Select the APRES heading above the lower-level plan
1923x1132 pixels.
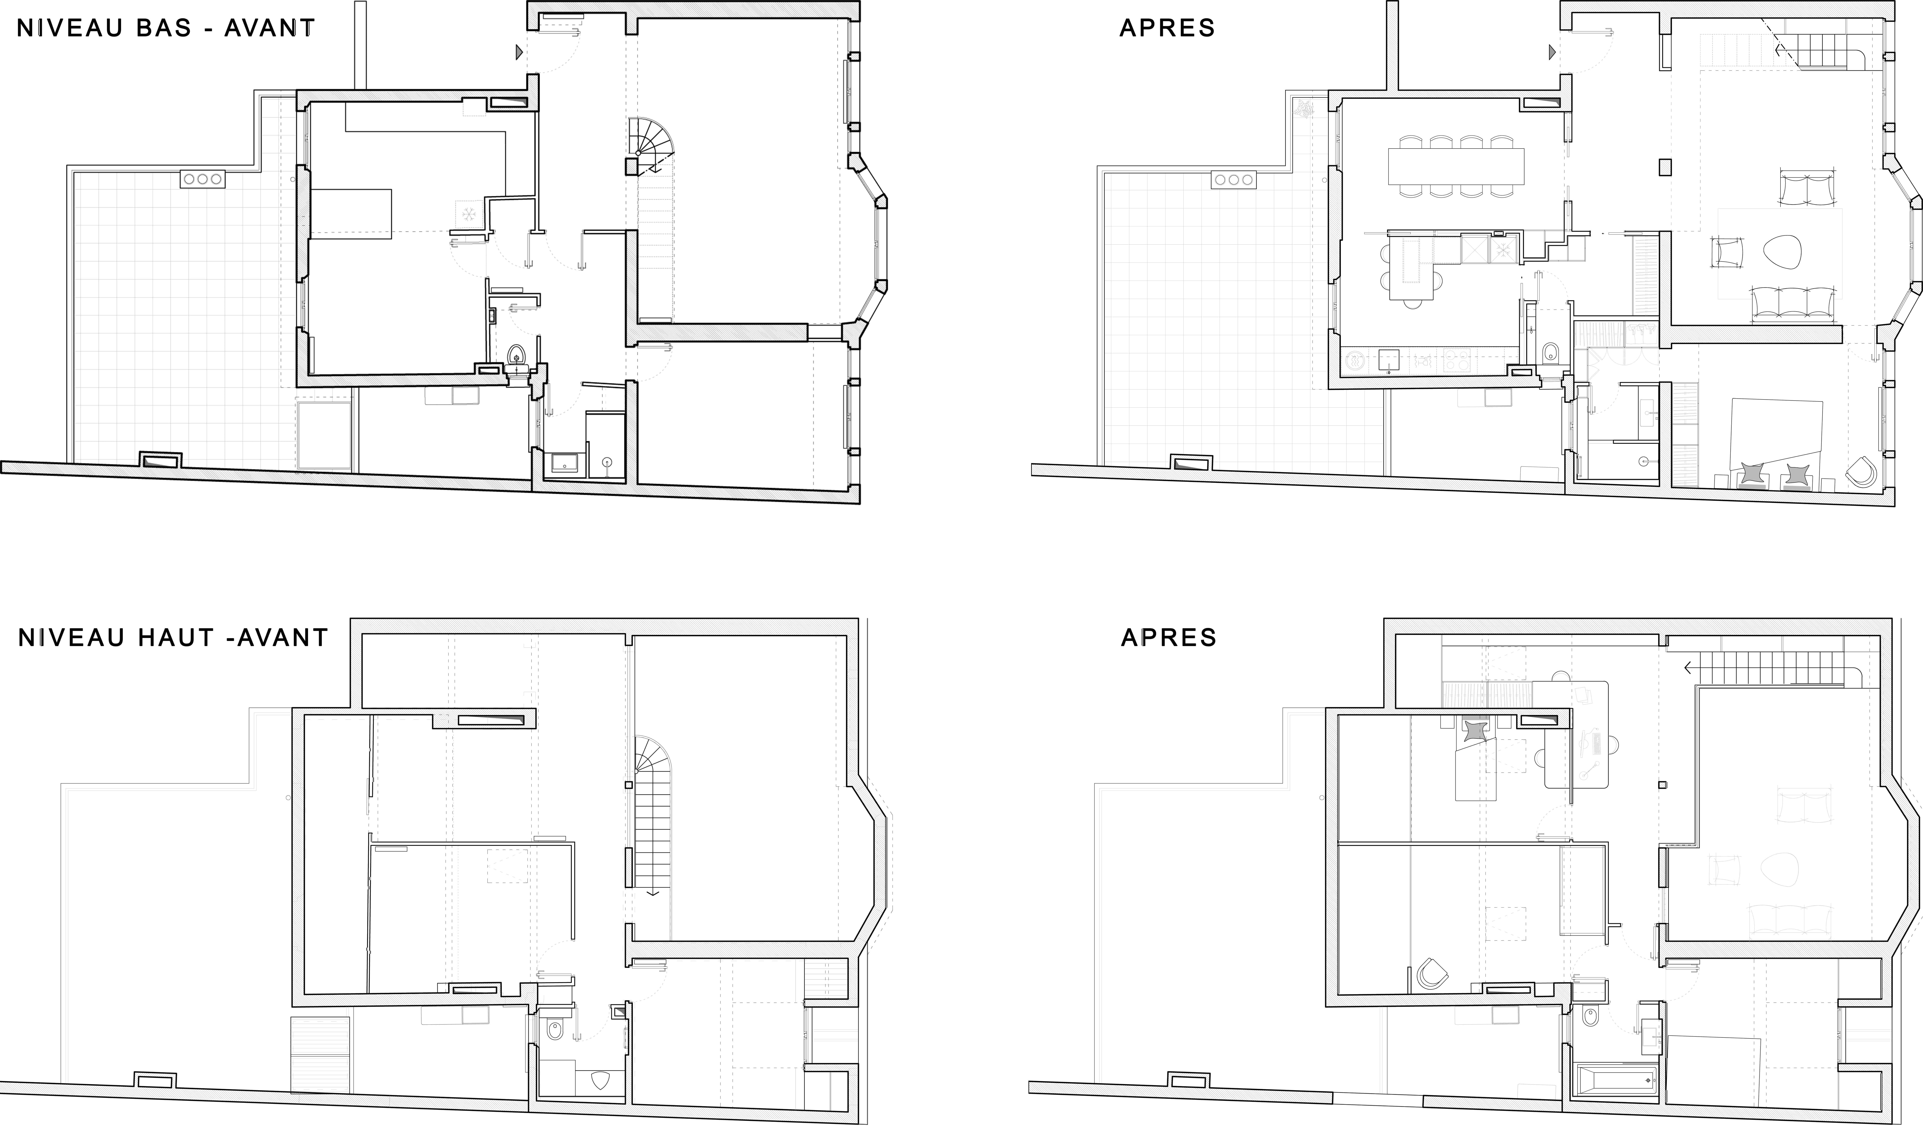click(1167, 28)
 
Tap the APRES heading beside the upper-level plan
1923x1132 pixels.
click(1168, 637)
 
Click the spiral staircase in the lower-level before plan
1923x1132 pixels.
click(651, 145)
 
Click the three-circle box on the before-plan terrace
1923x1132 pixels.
click(202, 179)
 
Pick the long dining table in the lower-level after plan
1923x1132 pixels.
click(1456, 166)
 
